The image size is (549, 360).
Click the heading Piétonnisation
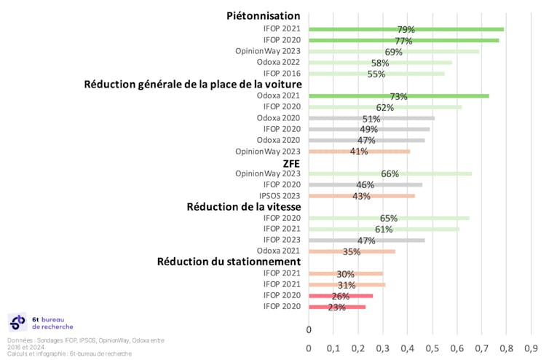click(264, 15)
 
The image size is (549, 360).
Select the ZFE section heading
click(292, 163)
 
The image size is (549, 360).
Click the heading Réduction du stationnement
click(229, 261)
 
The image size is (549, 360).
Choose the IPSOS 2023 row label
click(280, 195)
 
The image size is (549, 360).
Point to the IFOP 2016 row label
click(281, 73)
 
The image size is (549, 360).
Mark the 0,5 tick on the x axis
click(433, 348)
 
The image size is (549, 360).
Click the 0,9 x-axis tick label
click(531, 348)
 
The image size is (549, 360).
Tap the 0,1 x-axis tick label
click(333, 348)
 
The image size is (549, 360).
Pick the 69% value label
click(393, 52)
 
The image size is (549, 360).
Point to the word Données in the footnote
click(20, 340)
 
